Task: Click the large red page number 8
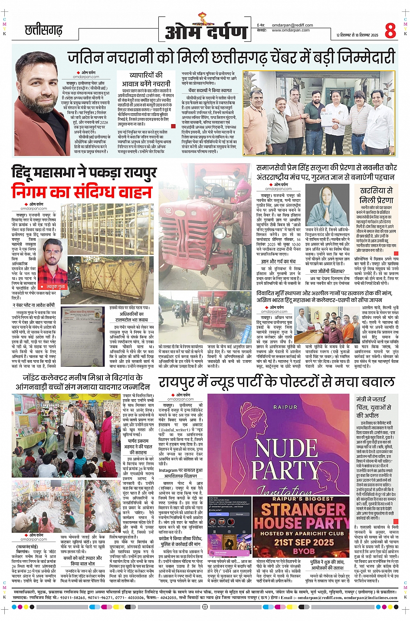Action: (x=390, y=30)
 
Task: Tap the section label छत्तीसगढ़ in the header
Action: (x=43, y=30)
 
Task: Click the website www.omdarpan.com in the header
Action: (x=291, y=30)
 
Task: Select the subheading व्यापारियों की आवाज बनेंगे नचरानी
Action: (x=146, y=79)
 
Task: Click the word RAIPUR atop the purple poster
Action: (x=285, y=407)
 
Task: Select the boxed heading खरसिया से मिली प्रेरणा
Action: (x=376, y=195)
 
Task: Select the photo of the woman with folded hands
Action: (x=326, y=205)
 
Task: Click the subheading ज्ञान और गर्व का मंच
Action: (x=278, y=261)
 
